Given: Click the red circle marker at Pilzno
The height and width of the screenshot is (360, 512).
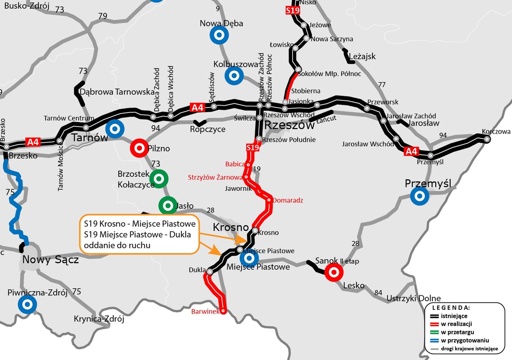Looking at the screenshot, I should click(139, 148).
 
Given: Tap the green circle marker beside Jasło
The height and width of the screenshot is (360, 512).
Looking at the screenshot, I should click(168, 206).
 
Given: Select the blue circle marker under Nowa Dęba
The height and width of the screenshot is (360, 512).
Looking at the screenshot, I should click(219, 35).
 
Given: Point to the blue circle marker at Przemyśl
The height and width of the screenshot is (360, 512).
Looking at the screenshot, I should click(419, 196).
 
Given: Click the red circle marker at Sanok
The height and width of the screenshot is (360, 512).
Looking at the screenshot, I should click(334, 272).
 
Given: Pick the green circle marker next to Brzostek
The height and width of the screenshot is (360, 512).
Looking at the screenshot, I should click(159, 179).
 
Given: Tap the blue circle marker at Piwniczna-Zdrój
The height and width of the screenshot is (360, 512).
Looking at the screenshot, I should click(27, 304).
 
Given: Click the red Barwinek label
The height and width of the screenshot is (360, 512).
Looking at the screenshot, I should click(205, 311).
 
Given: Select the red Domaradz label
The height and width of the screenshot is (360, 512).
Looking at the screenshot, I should click(288, 200).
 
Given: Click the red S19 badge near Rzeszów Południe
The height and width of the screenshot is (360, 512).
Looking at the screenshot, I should click(252, 147).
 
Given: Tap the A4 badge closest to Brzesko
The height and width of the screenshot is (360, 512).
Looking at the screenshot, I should click(33, 142).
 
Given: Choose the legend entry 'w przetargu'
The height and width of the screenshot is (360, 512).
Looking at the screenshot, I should click(457, 332).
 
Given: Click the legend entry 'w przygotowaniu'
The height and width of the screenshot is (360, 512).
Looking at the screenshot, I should click(465, 340).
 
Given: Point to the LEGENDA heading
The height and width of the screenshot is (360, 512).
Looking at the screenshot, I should click(451, 308).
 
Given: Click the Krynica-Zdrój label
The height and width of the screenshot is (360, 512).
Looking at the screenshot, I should click(99, 318).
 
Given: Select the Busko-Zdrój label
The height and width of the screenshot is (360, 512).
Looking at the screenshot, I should click(27, 5).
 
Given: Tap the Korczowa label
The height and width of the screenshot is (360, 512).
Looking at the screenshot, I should click(496, 131).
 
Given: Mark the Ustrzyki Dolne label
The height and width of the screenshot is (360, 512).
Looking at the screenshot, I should click(413, 298).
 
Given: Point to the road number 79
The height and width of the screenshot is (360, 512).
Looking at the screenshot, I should click(103, 16).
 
